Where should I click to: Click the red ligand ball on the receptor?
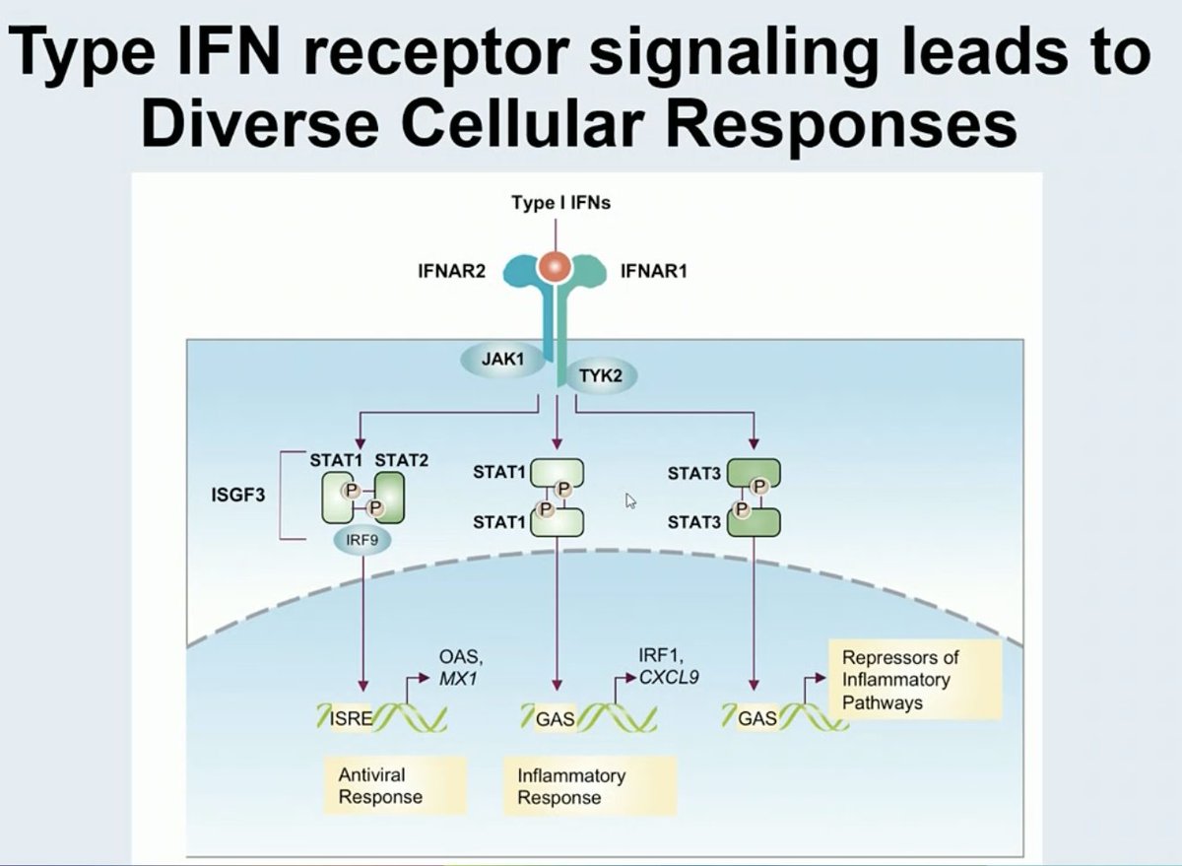click(553, 267)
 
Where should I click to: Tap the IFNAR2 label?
click(452, 271)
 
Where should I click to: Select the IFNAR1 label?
click(654, 271)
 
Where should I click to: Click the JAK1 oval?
click(501, 362)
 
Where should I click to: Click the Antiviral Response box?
click(380, 785)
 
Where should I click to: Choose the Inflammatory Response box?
click(588, 786)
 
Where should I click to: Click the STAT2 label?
click(402, 460)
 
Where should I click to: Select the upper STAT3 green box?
click(755, 474)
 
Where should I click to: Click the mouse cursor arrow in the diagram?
click(630, 501)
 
